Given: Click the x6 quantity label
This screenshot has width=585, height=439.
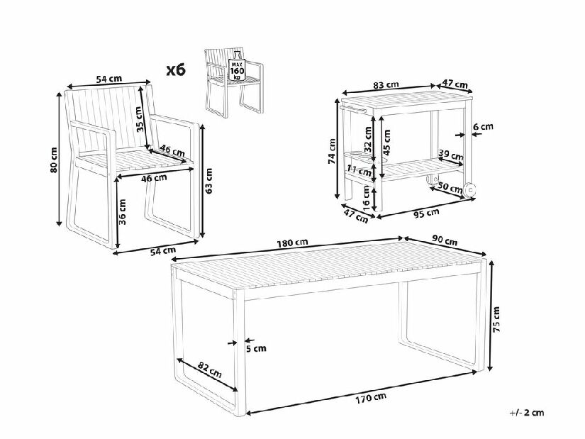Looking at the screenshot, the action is click(175, 70).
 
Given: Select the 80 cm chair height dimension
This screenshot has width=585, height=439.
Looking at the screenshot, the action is click(53, 160).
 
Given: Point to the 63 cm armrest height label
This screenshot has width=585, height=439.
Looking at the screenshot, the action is click(208, 181).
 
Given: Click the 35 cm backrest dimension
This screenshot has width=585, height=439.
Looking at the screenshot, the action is click(139, 119).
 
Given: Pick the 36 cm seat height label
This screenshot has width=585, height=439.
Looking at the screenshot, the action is click(123, 211).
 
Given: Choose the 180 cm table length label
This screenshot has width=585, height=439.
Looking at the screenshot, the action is click(292, 243).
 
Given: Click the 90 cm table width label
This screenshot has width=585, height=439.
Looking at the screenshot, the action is click(445, 241).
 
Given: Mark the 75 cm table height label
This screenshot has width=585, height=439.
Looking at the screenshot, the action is click(496, 319).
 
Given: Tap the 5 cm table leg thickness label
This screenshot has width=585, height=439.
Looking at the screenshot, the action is click(256, 348).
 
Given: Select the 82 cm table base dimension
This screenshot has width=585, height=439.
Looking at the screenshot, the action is click(209, 370).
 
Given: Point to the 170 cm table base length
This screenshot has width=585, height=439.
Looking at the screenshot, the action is click(371, 398).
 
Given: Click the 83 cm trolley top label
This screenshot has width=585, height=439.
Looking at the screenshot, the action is click(386, 85).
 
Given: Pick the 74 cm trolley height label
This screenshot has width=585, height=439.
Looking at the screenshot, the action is click(332, 152).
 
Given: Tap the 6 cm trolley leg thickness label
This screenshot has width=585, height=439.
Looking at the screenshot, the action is click(483, 126).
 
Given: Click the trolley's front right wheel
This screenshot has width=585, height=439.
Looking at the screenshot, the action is click(469, 189).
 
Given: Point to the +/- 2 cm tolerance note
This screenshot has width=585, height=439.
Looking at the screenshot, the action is click(526, 413).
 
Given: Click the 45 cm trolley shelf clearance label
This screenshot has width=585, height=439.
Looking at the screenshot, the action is click(386, 143).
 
